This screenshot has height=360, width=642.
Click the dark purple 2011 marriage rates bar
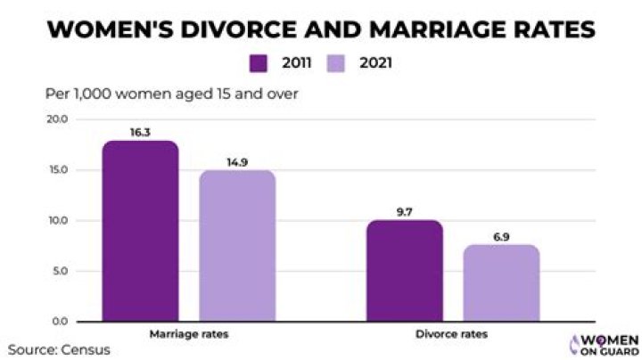click(x=140, y=231)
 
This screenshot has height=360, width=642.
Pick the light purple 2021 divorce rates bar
click(x=502, y=282)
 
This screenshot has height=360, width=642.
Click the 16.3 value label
click(x=140, y=130)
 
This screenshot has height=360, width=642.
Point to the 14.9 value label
click(x=237, y=161)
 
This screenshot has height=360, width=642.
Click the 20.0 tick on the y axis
click(x=56, y=119)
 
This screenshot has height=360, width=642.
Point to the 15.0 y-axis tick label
click(x=56, y=170)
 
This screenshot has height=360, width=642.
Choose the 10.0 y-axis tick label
click(x=56, y=220)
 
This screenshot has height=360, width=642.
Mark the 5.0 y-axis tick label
click(x=58, y=271)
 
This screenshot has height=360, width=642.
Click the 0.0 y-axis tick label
click(x=58, y=321)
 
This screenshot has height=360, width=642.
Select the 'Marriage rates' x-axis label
click(x=188, y=334)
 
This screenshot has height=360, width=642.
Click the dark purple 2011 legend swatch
click(x=259, y=63)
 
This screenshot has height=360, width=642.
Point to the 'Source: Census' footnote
click(x=60, y=349)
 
